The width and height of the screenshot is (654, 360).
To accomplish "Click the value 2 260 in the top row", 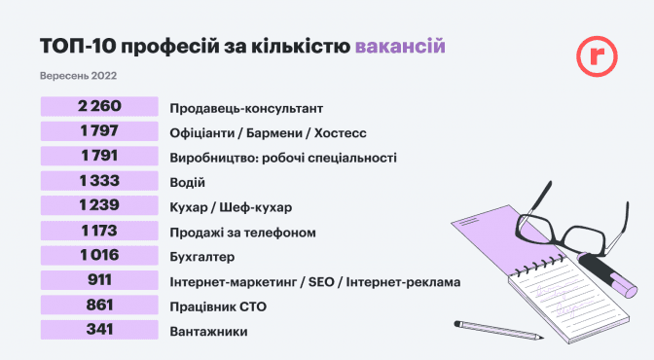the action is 99,106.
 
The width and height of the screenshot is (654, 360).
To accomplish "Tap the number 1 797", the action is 99,131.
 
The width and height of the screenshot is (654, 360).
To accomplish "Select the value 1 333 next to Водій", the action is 99,181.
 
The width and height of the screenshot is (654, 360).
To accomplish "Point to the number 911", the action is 99,280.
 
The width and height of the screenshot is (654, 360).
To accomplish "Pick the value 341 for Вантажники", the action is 99,330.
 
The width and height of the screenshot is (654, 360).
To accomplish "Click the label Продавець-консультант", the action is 246,108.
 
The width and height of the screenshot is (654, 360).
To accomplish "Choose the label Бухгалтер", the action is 201,257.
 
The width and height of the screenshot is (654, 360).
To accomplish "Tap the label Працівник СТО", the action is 218,307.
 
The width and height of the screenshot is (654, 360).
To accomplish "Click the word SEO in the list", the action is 321,282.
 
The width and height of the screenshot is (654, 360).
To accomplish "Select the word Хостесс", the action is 340,133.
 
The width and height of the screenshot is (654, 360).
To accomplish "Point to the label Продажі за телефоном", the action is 242,233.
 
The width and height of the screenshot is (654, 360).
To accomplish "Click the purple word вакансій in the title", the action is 400,46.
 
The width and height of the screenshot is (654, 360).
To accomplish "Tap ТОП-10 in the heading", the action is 78,46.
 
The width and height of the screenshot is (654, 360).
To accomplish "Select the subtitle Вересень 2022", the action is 78,76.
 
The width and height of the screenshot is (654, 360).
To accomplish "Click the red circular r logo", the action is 597,56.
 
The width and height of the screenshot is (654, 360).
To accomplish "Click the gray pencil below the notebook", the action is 498,330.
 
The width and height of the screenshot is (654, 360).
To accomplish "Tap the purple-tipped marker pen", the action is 607,274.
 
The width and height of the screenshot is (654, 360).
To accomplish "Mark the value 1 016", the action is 99,255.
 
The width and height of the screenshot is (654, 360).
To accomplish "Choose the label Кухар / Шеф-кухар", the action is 231,208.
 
